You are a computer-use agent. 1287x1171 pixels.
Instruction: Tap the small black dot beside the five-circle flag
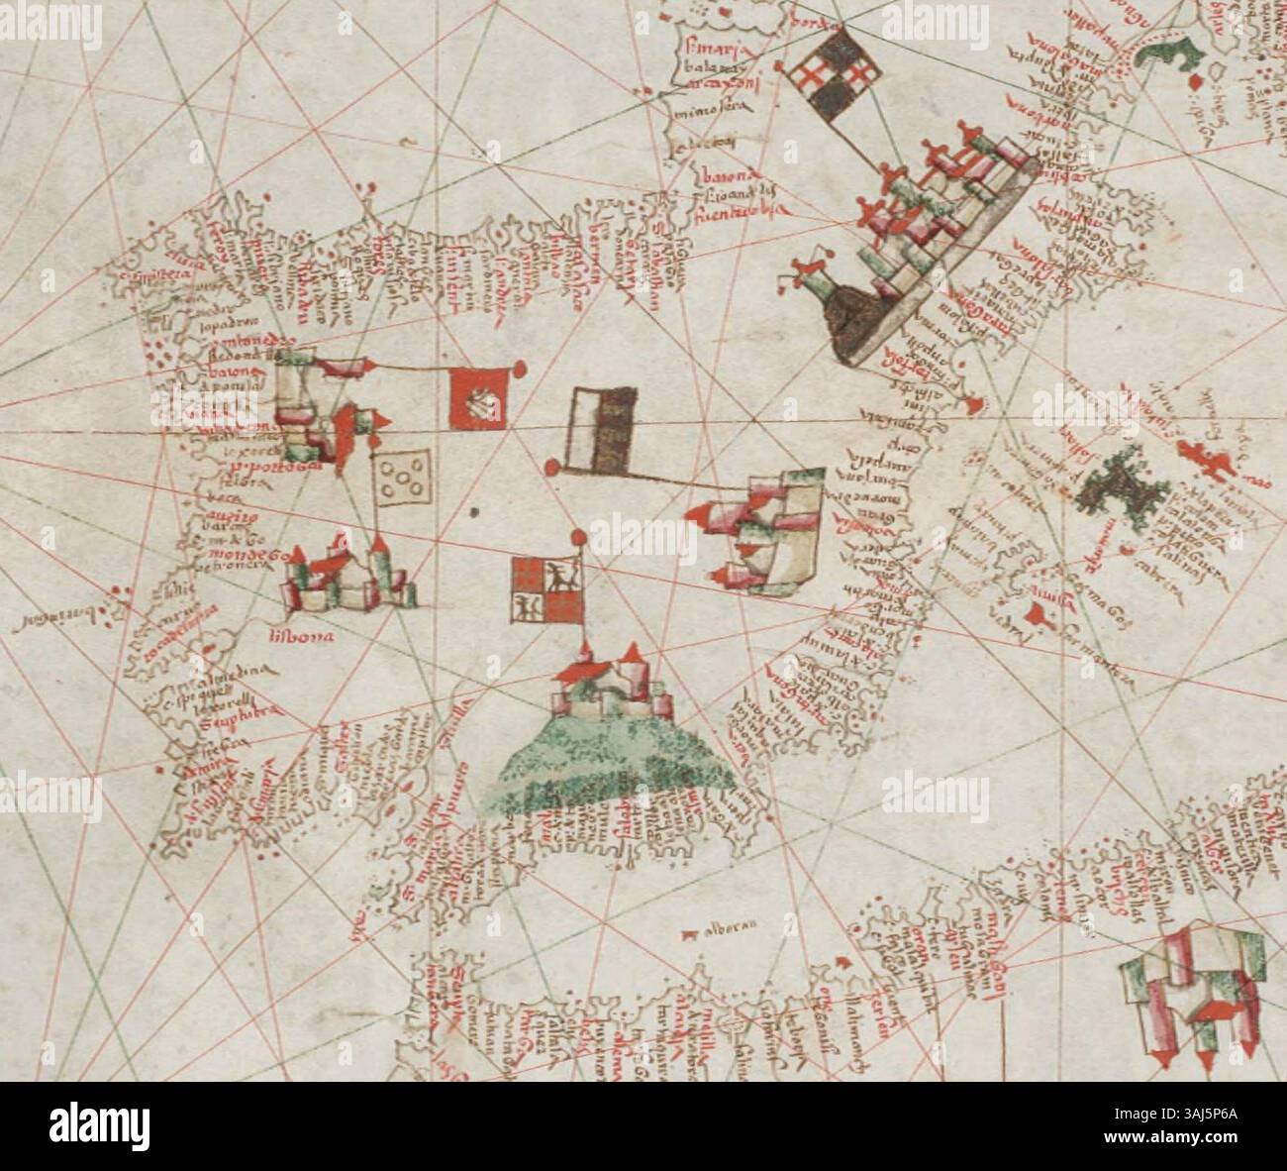click(x=475, y=512)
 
